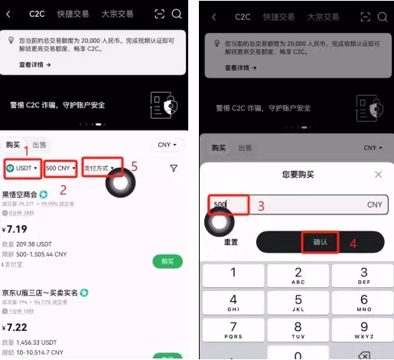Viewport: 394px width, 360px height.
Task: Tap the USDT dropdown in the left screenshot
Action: coord(21,168)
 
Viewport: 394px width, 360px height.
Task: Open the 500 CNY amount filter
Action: coord(60,168)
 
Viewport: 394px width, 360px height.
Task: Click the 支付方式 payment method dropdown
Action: coord(103,168)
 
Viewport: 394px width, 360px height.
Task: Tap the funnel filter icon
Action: coord(174,169)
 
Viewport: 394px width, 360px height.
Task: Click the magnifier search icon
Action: coord(177,14)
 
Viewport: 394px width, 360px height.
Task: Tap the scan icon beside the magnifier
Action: coord(159,14)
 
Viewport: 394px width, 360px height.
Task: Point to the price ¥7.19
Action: coord(16,229)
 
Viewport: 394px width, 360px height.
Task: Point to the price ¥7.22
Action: coord(16,327)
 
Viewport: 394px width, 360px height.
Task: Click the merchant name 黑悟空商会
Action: coord(21,194)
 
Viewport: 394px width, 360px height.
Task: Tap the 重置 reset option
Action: coord(230,242)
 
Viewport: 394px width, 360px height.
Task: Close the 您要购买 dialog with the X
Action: coord(378,175)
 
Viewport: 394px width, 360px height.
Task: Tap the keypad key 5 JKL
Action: coord(298,306)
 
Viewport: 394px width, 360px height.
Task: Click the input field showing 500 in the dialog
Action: coord(291,205)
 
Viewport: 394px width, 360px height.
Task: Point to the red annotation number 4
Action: coord(353,245)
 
